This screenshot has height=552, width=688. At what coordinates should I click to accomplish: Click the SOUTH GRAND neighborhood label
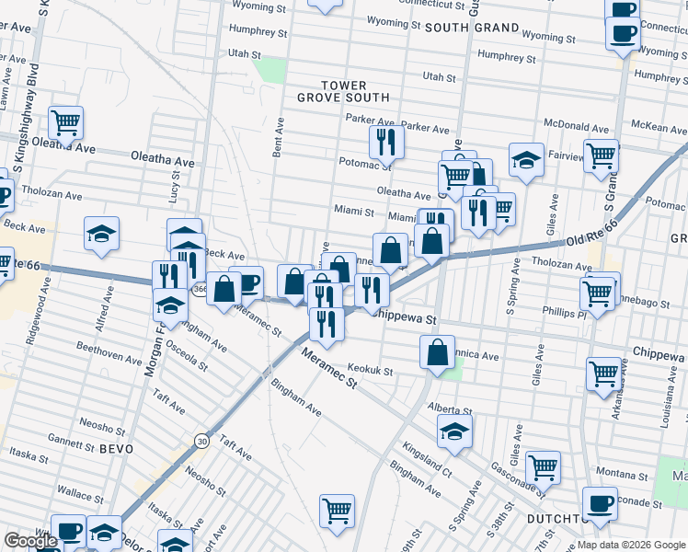point(472,28)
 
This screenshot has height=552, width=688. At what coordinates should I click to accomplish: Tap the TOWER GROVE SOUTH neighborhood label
point(343,91)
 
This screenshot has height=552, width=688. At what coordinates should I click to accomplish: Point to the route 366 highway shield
point(201,290)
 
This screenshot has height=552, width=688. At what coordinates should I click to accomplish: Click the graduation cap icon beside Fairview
point(525,159)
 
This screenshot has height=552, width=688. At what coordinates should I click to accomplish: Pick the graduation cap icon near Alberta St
point(454,430)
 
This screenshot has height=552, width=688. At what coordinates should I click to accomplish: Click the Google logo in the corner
point(30,541)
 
